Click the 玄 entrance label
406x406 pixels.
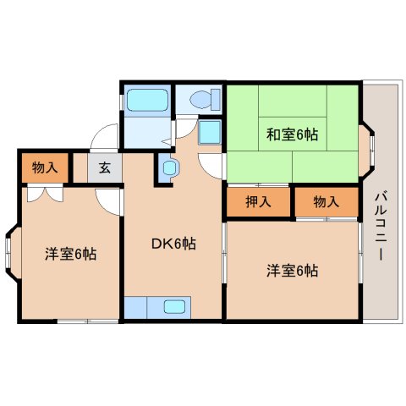(x=104, y=167)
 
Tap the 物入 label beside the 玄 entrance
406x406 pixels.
(x=46, y=167)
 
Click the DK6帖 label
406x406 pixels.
(x=173, y=244)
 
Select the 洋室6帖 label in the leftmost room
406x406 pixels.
(x=70, y=253)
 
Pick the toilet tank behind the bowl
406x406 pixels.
(x=217, y=99)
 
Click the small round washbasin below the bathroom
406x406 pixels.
(x=167, y=168)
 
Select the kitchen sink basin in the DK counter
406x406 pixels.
(x=175, y=306)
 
